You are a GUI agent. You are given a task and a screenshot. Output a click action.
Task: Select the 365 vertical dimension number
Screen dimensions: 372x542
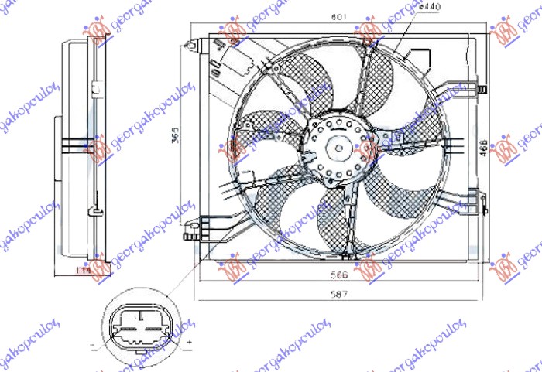coord(177,135)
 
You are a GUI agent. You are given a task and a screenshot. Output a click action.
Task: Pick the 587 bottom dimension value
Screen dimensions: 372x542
coord(338,293)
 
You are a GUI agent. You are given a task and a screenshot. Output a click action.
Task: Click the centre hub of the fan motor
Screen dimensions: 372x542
coord(340,145)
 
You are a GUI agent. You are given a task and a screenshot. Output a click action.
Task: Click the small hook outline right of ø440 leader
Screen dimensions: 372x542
coord(422,57)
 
